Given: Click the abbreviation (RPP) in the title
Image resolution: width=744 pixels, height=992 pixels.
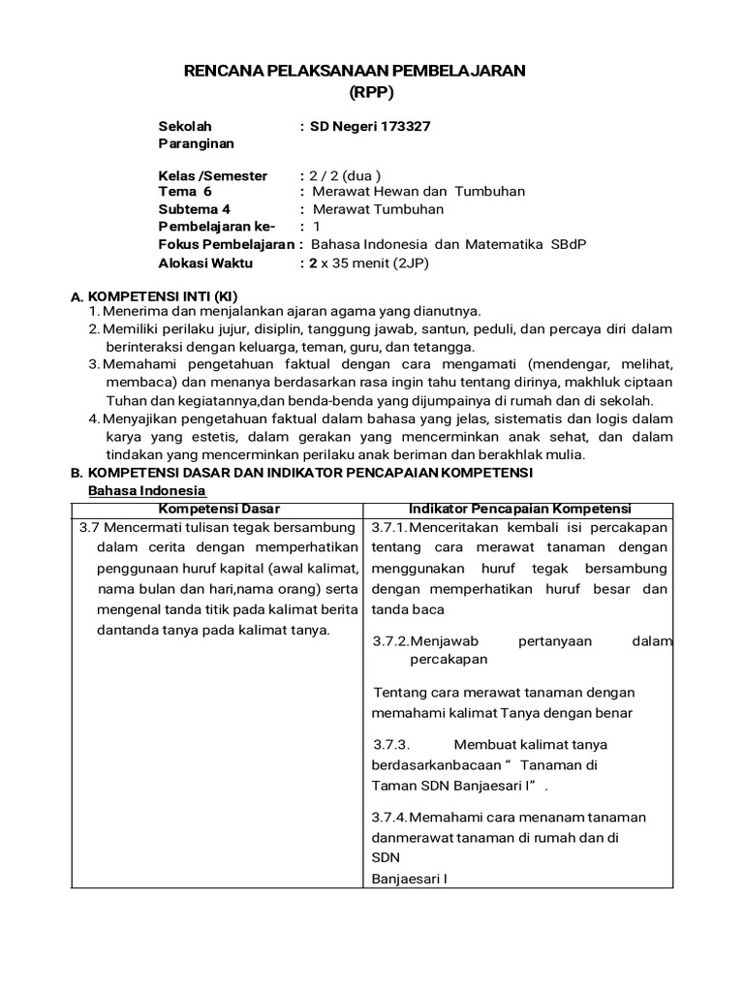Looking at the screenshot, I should [x=372, y=92].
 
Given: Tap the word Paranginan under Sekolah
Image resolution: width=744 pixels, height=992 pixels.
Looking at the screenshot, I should [x=197, y=143].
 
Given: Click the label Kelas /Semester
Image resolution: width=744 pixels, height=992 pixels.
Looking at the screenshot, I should [x=212, y=175].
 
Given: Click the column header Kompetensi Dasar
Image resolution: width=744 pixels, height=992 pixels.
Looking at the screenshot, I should [x=219, y=509].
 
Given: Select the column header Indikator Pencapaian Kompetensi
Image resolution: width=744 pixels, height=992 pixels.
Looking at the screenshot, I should [x=520, y=509].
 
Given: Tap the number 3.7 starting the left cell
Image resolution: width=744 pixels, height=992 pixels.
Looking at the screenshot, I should [x=89, y=528].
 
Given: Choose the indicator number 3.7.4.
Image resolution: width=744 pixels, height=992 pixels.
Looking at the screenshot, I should [x=390, y=817].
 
